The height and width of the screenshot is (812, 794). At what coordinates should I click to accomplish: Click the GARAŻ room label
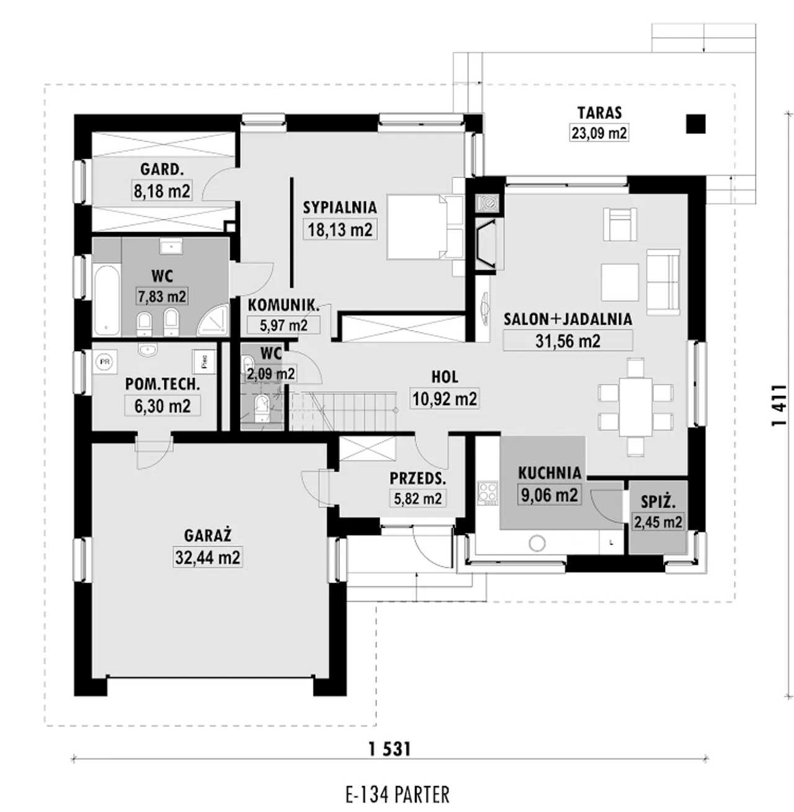click(207, 535)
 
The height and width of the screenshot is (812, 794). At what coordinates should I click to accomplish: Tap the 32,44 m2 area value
click(207, 558)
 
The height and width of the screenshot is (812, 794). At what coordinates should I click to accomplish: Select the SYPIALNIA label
click(340, 207)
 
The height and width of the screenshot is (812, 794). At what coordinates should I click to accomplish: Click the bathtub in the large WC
click(107, 299)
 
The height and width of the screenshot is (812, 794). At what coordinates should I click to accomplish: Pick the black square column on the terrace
click(696, 124)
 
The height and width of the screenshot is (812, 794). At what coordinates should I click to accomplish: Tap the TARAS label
click(599, 113)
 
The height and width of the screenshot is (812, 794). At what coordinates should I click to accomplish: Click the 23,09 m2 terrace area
click(599, 133)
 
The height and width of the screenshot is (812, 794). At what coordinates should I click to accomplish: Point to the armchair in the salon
click(620, 225)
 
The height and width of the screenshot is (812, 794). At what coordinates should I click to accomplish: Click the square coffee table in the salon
click(620, 282)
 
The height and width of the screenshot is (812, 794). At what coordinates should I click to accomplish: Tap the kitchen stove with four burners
click(488, 493)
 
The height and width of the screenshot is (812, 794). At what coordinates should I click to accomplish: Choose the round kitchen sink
click(537, 543)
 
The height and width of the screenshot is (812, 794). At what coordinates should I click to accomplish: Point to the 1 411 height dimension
click(779, 404)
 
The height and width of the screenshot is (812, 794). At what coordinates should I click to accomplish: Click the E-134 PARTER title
click(398, 795)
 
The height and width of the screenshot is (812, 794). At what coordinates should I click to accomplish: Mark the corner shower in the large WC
click(213, 321)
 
